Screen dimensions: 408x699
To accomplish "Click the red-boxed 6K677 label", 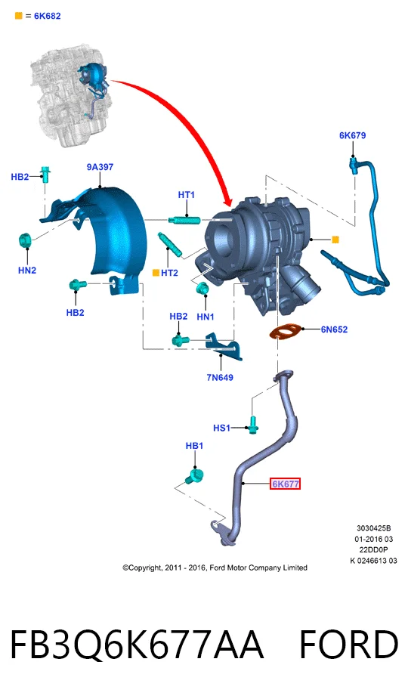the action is [x=285, y=484].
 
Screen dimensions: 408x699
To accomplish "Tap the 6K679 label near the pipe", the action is [x=352, y=135].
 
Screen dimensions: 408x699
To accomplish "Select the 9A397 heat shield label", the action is [x=100, y=167].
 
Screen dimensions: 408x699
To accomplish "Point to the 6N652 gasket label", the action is [x=334, y=329].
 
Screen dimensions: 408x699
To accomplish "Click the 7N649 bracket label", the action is [x=220, y=377].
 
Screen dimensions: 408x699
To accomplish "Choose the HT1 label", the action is [x=187, y=194].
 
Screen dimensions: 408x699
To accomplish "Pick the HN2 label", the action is [x=27, y=270].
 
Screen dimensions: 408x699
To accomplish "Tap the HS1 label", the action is [x=221, y=428].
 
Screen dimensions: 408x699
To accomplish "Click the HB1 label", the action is [x=194, y=446].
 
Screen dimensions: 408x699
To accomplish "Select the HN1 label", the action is [x=206, y=317].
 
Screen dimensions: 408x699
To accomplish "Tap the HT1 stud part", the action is [x=184, y=219].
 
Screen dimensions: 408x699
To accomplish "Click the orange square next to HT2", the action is [x=156, y=272].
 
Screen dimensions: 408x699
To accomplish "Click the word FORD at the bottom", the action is [x=349, y=645].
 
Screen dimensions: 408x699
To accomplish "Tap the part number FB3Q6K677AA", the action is [x=137, y=645].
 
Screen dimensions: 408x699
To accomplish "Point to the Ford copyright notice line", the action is [x=215, y=568].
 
